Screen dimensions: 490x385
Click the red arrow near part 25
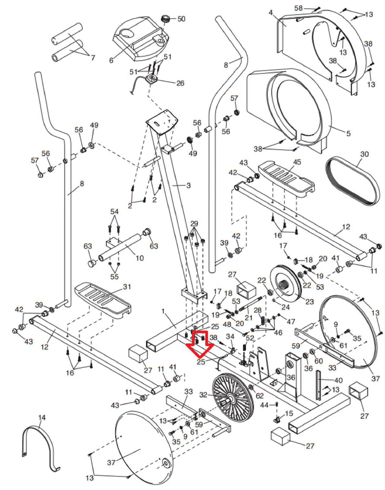(200, 345)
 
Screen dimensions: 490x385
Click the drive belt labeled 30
(351, 181)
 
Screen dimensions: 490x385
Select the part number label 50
(181, 19)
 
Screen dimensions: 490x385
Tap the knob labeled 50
(166, 19)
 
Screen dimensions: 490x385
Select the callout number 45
(297, 162)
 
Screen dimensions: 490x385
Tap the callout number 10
(140, 258)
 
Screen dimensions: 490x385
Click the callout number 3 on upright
(188, 185)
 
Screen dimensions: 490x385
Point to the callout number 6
(111, 60)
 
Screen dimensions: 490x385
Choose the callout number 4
(271, 12)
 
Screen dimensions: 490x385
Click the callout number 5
(348, 134)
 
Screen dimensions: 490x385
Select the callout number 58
(298, 8)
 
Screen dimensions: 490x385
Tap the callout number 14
(42, 417)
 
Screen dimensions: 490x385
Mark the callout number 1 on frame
(163, 311)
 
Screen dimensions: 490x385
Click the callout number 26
(180, 83)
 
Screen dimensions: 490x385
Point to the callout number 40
(338, 380)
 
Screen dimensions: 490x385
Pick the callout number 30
(364, 154)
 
